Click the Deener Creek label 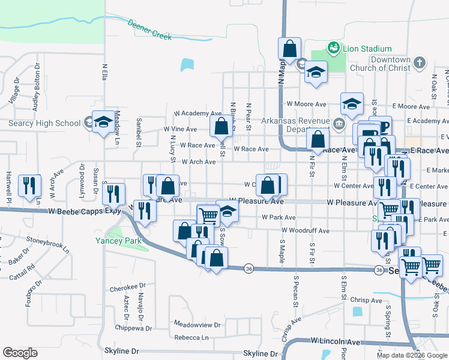point(149,29)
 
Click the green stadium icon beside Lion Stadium point(332,47)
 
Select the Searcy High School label point(44,124)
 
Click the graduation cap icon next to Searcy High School point(103,122)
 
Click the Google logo point(20,353)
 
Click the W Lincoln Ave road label point(336,341)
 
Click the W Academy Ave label point(197,113)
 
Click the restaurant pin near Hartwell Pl point(28,186)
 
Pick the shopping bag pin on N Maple point(290,50)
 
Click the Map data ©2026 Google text point(411,355)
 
